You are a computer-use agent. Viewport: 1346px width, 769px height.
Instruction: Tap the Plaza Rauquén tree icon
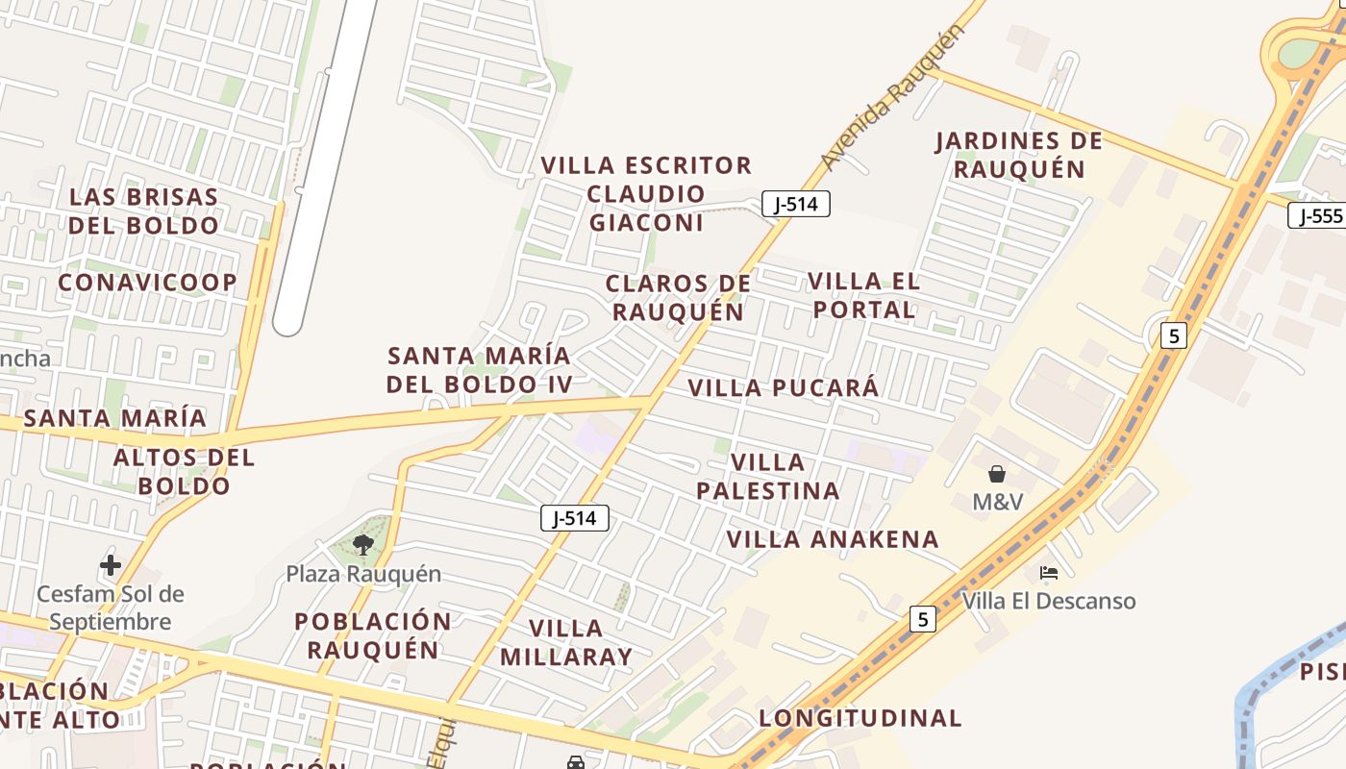(x=362, y=545)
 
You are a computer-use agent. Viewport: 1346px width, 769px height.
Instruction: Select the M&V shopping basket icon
(x=996, y=474)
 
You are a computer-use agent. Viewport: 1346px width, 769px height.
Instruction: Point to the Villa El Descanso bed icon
(x=1049, y=574)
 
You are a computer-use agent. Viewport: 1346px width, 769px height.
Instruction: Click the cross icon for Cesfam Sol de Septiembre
(x=111, y=565)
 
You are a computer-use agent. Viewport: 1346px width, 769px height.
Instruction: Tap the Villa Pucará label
(x=784, y=387)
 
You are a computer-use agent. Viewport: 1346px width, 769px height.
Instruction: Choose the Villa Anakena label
(x=833, y=538)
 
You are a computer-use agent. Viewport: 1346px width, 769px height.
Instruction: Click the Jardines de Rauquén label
(x=1018, y=155)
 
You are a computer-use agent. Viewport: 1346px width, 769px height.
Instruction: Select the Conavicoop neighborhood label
(x=147, y=283)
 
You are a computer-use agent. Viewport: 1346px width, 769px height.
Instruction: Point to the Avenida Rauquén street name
(x=892, y=98)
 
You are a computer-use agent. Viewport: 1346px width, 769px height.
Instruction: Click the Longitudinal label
(x=860, y=718)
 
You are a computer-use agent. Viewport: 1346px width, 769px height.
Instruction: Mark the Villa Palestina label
(x=767, y=477)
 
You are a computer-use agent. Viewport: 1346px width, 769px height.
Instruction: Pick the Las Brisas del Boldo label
(x=144, y=211)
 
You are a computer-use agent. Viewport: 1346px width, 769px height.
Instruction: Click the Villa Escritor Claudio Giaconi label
(x=646, y=193)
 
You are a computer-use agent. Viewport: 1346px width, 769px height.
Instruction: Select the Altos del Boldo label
(x=184, y=471)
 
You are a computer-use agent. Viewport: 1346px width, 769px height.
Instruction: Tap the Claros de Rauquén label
(x=678, y=297)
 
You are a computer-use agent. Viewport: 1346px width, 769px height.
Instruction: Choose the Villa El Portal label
(x=863, y=295)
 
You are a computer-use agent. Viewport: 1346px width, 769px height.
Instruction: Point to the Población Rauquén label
(x=373, y=634)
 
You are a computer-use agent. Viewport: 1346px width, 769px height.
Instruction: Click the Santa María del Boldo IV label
(x=479, y=370)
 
